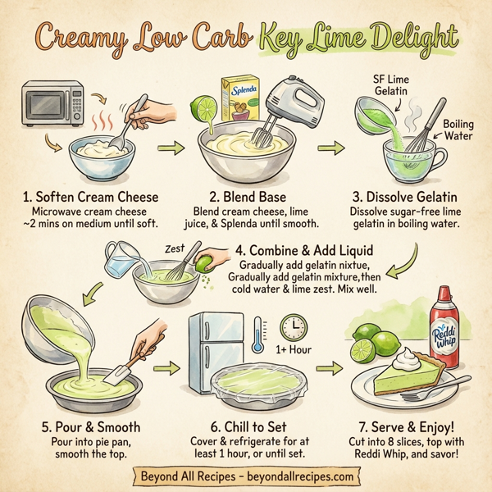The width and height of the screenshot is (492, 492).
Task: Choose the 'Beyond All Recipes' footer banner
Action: (246, 476)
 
